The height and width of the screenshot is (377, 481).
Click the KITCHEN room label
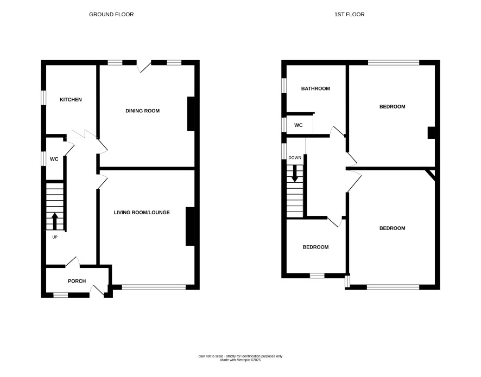point(71,100)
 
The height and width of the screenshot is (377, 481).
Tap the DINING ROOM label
point(143,111)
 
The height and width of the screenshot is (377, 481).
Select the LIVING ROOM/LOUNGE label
point(142,213)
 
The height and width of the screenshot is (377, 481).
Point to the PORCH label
point(77,281)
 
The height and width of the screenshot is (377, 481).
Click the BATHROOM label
point(315,88)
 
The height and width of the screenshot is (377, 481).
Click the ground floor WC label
point(54,159)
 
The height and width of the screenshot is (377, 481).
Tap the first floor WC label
point(299,125)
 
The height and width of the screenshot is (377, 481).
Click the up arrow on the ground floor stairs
point(55,221)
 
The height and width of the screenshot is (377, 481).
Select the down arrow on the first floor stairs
point(295,174)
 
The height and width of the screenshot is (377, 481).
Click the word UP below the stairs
point(55,237)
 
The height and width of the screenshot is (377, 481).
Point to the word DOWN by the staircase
point(295,157)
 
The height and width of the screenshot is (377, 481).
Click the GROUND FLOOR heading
point(111,15)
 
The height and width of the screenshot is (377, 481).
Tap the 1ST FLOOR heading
point(350,15)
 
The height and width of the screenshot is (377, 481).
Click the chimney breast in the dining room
point(191,114)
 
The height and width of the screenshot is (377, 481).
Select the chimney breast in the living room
point(190,227)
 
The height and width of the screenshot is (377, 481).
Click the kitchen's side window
point(43,98)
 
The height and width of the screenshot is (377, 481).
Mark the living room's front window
point(154,287)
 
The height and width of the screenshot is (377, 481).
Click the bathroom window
point(284,85)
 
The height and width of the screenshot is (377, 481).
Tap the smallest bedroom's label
point(315,247)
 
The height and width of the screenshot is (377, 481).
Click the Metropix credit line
point(240,360)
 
